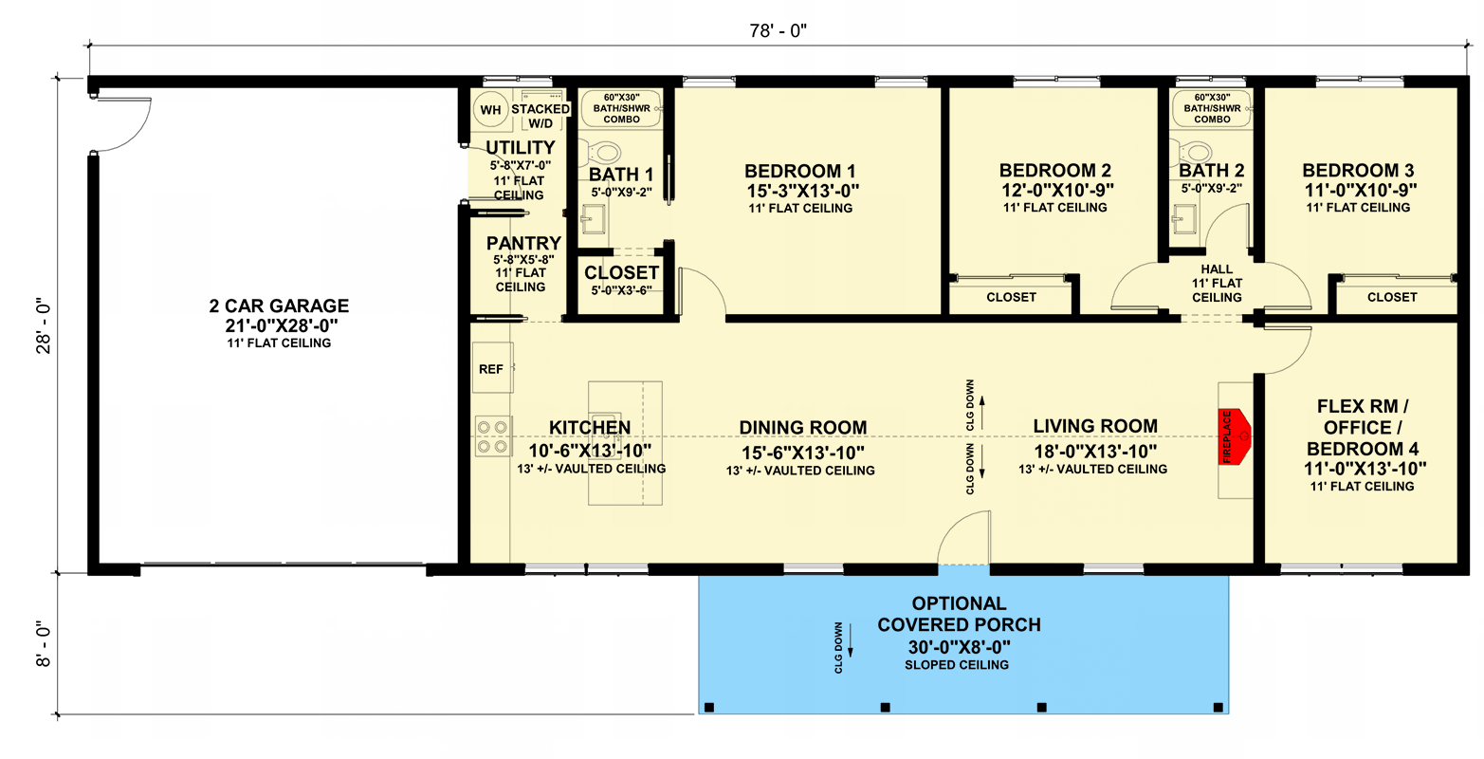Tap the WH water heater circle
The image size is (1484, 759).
[x=490, y=110]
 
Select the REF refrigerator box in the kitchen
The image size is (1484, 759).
[x=491, y=368]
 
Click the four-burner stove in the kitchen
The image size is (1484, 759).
[x=492, y=436]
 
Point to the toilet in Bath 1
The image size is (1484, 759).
[x=603, y=152]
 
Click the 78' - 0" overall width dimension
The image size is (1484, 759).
[x=776, y=31]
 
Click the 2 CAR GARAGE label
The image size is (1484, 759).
[x=279, y=306]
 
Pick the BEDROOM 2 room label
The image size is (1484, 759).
[x=1054, y=171]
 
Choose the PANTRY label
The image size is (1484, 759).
[x=523, y=244]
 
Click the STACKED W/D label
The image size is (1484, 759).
[x=540, y=115]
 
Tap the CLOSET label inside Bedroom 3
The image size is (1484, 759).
[x=1391, y=297]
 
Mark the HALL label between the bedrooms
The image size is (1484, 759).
[x=1217, y=269]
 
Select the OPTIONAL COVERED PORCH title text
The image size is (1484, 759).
[x=959, y=614]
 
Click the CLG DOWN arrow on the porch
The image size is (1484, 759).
[x=850, y=648]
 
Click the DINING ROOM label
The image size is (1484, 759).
[x=802, y=428]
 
